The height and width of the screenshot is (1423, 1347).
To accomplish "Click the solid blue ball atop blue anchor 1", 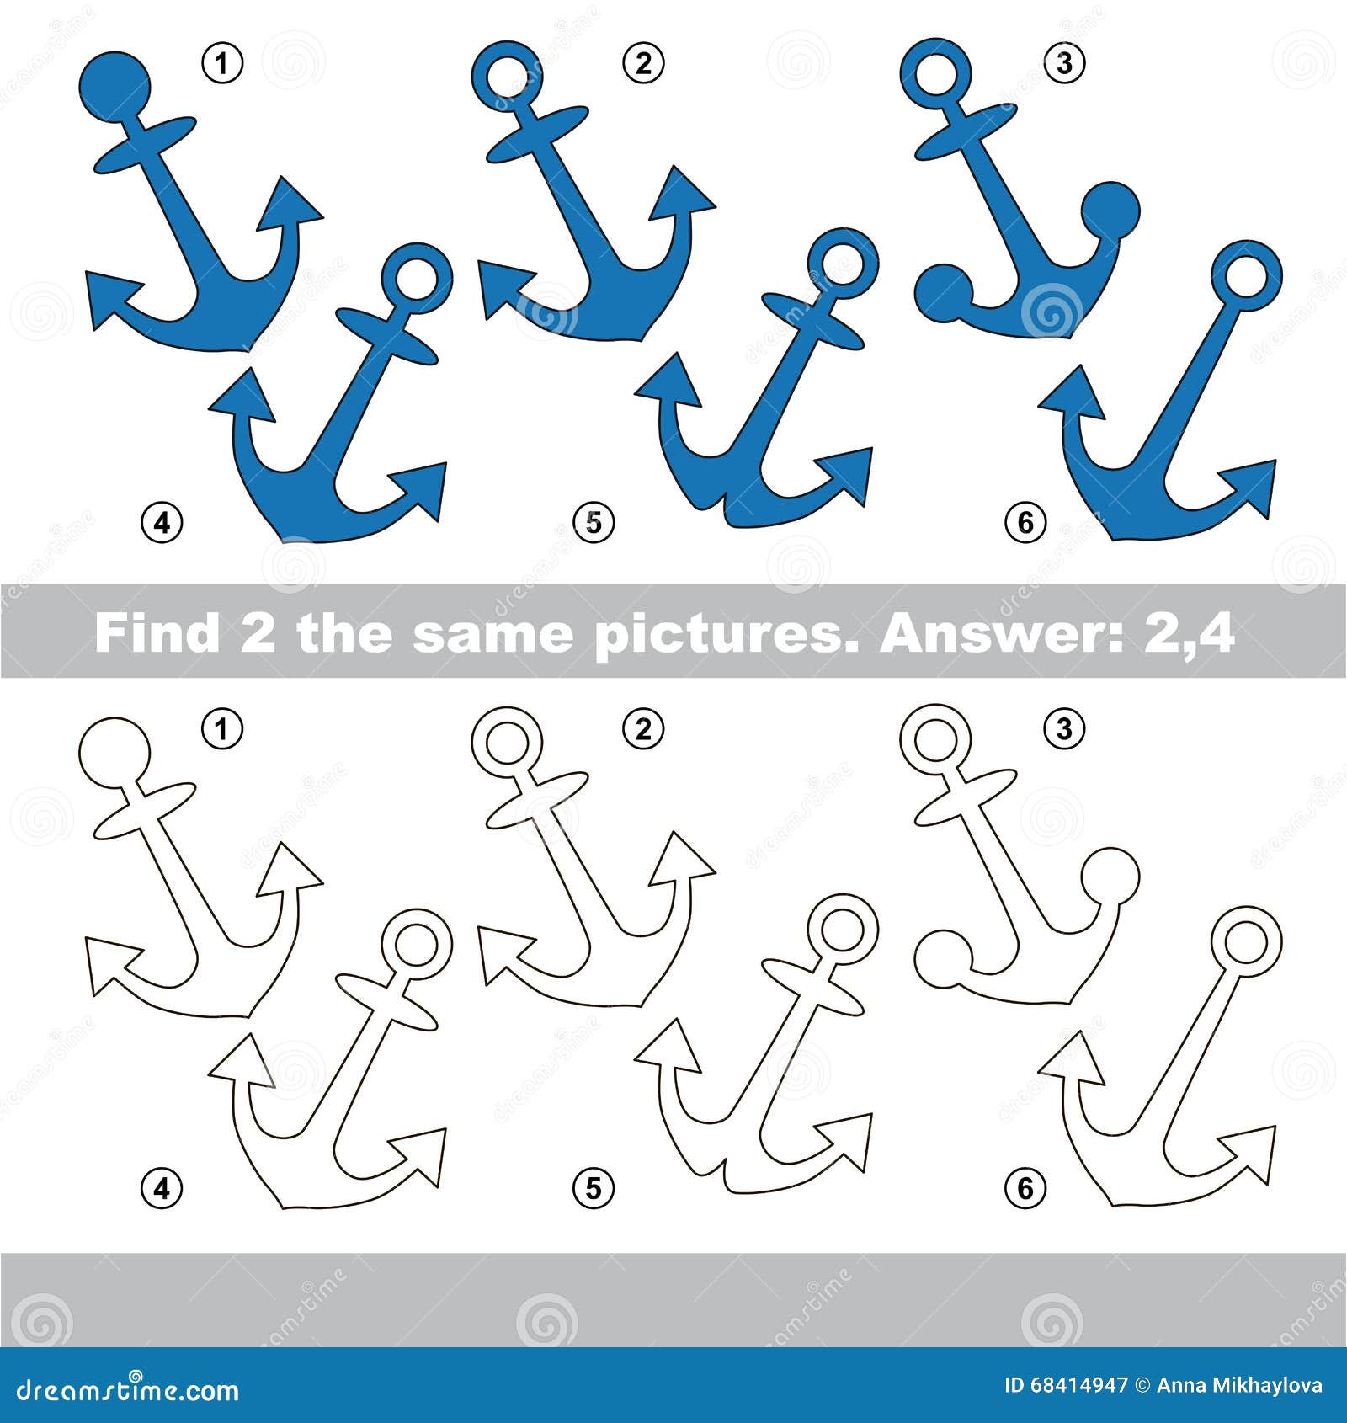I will pyautogui.click(x=115, y=86).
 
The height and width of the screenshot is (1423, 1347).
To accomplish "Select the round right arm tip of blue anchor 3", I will pyautogui.click(x=1110, y=210).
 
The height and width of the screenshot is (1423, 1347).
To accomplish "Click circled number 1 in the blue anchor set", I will pyautogui.click(x=222, y=63).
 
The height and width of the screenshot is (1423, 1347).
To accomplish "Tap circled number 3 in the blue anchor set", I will pyautogui.click(x=1064, y=63).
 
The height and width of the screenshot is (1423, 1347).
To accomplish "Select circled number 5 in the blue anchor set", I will pyautogui.click(x=594, y=522).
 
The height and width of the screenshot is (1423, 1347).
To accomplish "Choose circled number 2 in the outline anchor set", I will pyautogui.click(x=643, y=728).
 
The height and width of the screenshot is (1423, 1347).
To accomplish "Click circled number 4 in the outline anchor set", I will pyautogui.click(x=162, y=1188).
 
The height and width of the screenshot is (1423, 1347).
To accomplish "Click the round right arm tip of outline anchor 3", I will pyautogui.click(x=1110, y=876).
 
